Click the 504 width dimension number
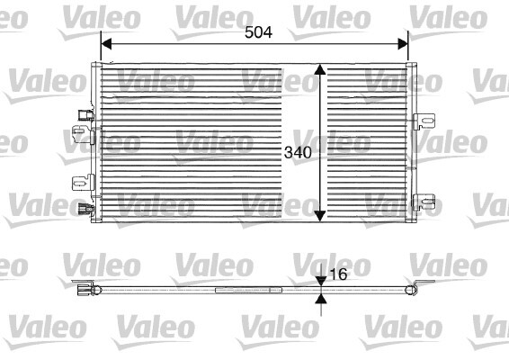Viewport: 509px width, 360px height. (x=258, y=31)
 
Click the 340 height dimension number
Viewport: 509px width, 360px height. (x=298, y=152)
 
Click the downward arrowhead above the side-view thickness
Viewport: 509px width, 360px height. (x=321, y=281)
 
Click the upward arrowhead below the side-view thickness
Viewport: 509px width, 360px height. (x=321, y=298)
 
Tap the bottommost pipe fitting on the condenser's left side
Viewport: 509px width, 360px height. (x=85, y=211)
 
